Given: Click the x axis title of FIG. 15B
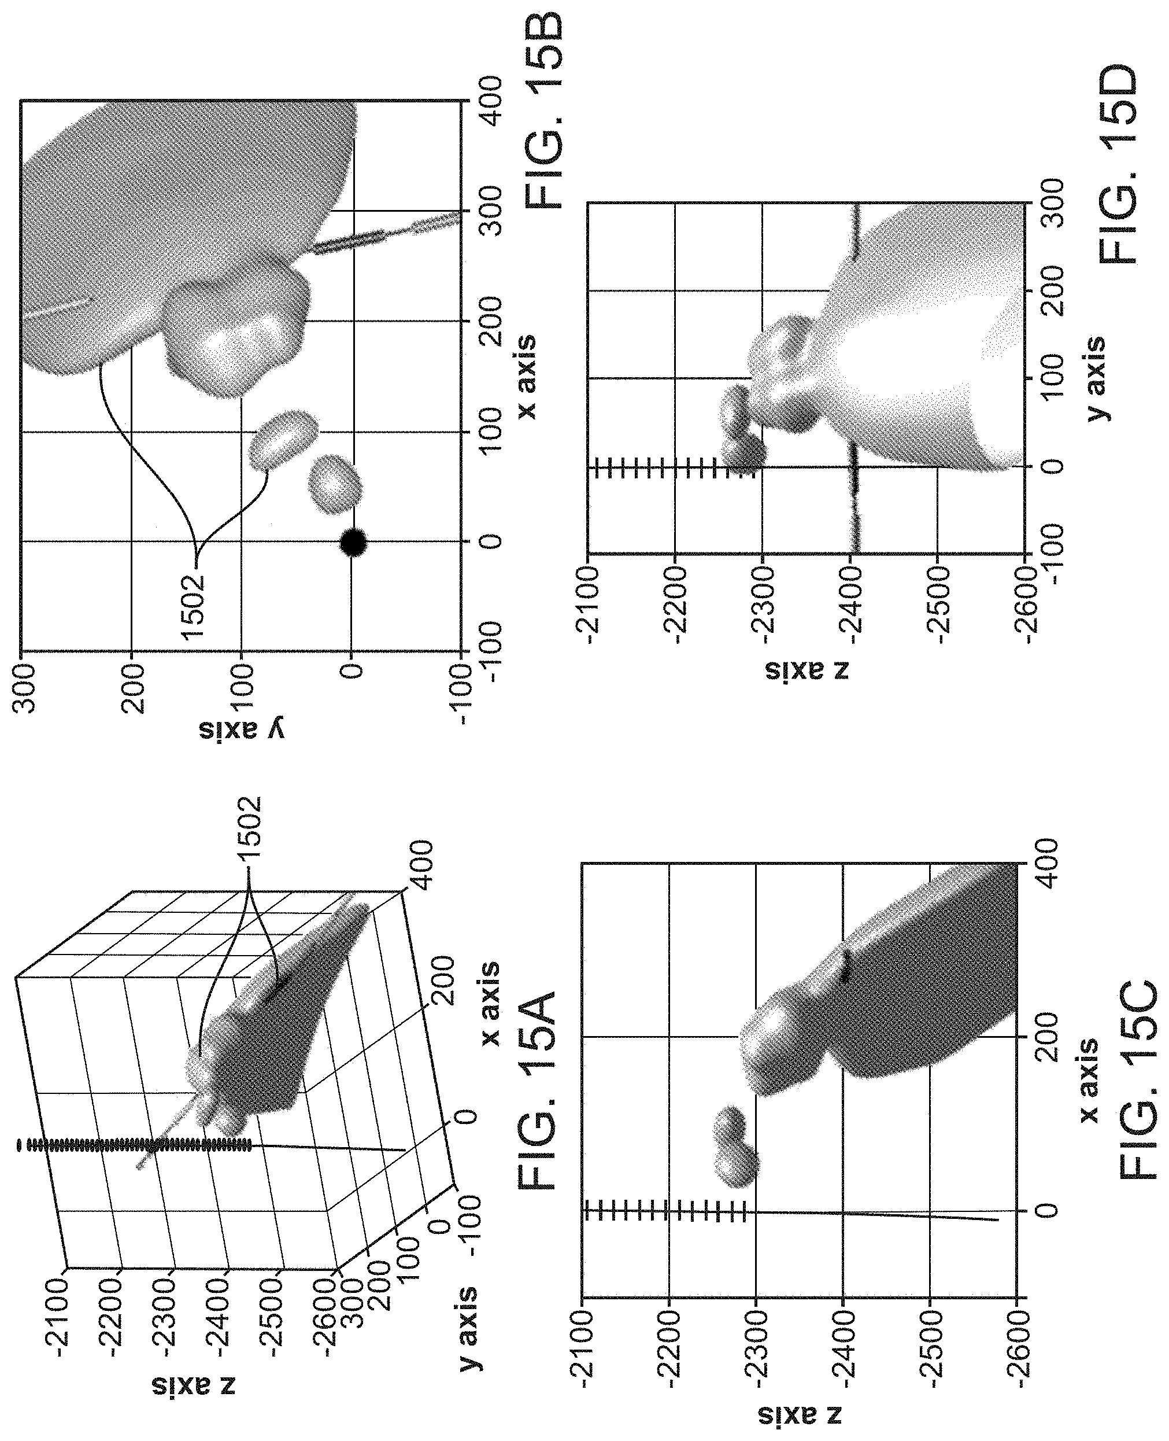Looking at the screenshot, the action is click(x=526, y=376).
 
